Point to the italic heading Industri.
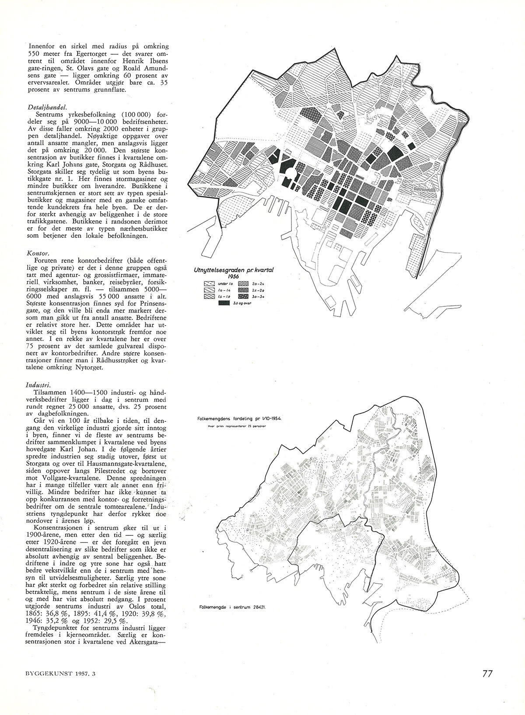pos(38,385)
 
